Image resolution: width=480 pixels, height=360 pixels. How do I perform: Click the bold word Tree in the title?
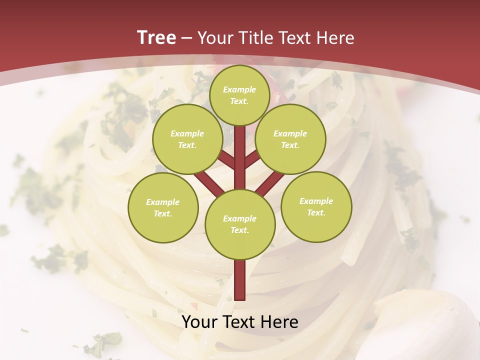tap(156, 37)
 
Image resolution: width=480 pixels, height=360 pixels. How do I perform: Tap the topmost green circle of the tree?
tap(239, 95)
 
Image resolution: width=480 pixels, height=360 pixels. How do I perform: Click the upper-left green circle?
tap(187, 139)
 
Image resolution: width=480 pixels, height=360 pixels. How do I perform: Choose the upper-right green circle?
tap(290, 139)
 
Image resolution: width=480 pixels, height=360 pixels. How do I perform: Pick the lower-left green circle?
tap(163, 207)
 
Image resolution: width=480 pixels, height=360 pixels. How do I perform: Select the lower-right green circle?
tap(316, 206)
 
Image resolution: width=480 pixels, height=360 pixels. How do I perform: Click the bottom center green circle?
tap(240, 224)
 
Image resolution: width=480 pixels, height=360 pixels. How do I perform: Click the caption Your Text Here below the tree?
tap(240, 322)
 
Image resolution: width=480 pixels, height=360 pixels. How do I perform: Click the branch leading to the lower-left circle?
tap(209, 183)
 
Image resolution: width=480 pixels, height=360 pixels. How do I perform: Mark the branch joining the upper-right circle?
tap(251, 160)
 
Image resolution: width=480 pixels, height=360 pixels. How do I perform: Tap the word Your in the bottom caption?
tap(199, 322)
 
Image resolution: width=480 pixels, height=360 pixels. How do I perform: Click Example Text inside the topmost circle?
tap(239, 95)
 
